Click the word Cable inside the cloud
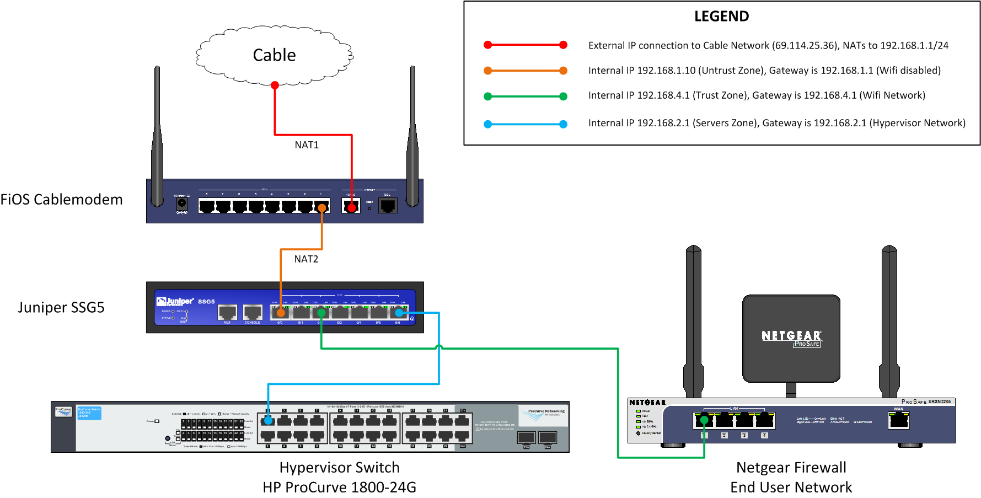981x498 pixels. click(x=274, y=55)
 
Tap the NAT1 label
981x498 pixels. click(x=307, y=145)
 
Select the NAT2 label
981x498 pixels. click(x=306, y=259)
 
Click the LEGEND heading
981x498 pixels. click(x=721, y=17)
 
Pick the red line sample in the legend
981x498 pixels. click(x=525, y=45)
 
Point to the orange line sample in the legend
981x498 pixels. click(x=525, y=71)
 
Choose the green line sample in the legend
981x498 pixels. click(x=525, y=97)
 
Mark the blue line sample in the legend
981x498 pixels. click(x=525, y=124)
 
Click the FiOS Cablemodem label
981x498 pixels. click(x=61, y=200)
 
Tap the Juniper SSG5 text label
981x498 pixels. click(x=61, y=308)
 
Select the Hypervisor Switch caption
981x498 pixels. click(x=339, y=468)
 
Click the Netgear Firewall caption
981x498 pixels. click(x=791, y=468)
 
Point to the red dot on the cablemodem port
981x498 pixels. click(x=351, y=208)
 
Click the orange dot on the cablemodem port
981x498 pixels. click(x=322, y=208)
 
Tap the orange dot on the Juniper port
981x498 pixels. click(x=281, y=313)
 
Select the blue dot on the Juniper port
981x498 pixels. click(x=399, y=313)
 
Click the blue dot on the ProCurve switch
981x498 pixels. click(x=268, y=420)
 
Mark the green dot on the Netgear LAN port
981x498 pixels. click(x=704, y=420)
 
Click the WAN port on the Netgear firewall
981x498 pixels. click(x=899, y=420)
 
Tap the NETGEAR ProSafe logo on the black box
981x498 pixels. click(x=791, y=338)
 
